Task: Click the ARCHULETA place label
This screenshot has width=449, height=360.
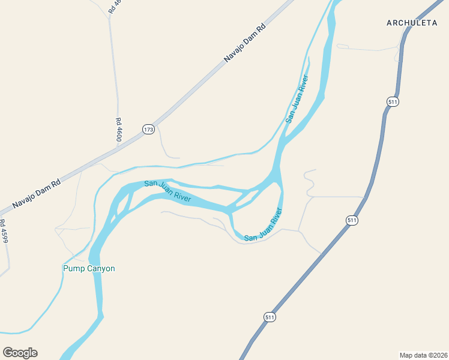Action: click(412, 23)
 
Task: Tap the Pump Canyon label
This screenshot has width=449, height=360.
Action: click(89, 268)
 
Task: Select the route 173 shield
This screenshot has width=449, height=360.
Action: click(148, 129)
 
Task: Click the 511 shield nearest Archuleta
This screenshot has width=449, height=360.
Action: click(393, 101)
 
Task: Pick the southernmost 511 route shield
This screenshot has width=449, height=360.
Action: click(271, 317)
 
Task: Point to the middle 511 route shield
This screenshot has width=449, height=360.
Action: click(352, 221)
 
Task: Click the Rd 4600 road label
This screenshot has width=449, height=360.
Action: click(119, 130)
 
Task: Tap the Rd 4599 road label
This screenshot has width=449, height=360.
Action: click(4, 231)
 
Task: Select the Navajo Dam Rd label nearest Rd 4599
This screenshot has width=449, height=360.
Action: click(37, 193)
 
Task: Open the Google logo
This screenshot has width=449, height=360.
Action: click(20, 353)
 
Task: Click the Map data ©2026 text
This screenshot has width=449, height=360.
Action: click(423, 355)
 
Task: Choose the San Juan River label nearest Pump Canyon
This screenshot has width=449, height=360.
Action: click(167, 190)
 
